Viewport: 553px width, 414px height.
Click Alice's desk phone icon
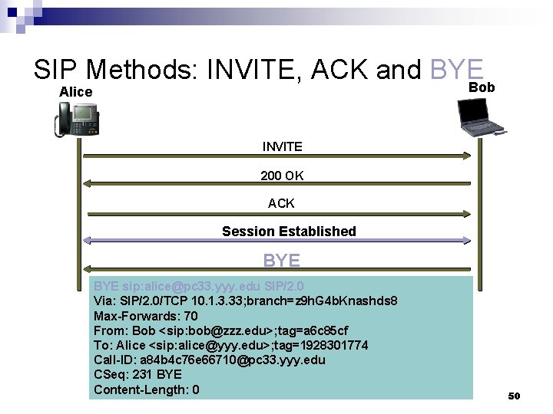pyautogui.click(x=77, y=120)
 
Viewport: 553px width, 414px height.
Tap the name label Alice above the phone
pyautogui.click(x=76, y=93)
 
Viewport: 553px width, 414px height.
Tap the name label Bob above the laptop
pyautogui.click(x=482, y=87)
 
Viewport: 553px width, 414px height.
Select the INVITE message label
pyautogui.click(x=282, y=146)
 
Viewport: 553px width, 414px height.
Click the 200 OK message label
pyautogui.click(x=282, y=176)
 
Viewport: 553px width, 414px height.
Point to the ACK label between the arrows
pyautogui.click(x=281, y=204)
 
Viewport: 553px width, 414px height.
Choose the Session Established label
pyautogui.click(x=289, y=231)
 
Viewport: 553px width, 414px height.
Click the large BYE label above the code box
pyautogui.click(x=282, y=261)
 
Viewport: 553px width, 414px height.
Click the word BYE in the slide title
pyautogui.click(x=457, y=71)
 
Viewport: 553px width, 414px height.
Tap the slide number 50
pyautogui.click(x=514, y=396)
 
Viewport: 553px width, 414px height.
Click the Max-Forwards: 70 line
pyautogui.click(x=145, y=316)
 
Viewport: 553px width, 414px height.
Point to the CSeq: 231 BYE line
pyautogui.click(x=137, y=375)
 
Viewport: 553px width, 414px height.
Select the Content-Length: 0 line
pyautogui.click(x=146, y=390)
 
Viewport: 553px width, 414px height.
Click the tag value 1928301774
pyautogui.click(x=330, y=345)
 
